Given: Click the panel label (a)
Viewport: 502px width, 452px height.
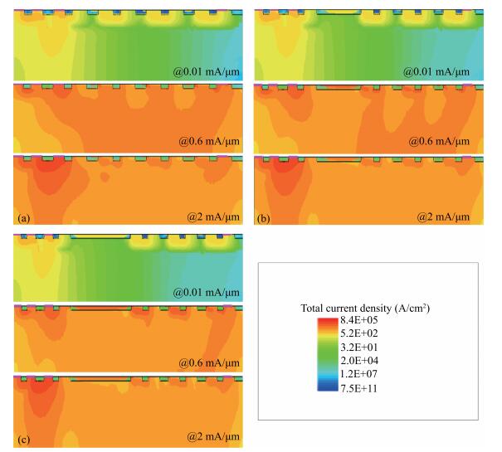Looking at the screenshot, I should click(22, 218).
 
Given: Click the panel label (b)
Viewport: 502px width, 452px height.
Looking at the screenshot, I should click(263, 218).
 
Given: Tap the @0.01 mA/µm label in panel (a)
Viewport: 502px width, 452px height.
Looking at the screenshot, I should click(196, 71).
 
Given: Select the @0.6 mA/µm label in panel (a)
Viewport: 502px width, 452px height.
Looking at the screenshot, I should click(199, 143).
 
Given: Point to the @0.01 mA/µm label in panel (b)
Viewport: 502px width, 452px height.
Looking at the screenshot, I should click(436, 71).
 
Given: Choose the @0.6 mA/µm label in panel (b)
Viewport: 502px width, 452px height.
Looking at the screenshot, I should click(440, 143).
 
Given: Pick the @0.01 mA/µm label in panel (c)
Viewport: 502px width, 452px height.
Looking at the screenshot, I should click(196, 292).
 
